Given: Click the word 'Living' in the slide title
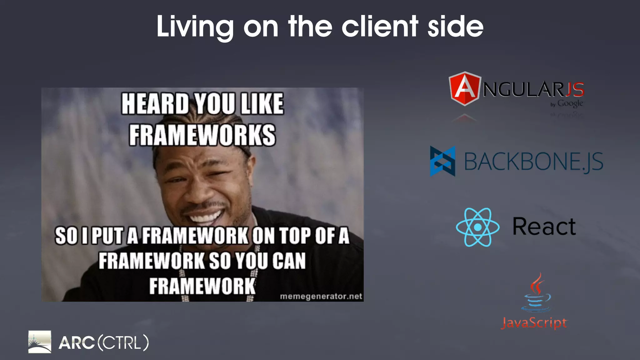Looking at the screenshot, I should (195, 27).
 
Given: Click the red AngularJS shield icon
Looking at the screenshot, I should (464, 88).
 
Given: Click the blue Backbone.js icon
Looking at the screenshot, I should (442, 161).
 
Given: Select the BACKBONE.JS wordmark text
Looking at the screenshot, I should (533, 162).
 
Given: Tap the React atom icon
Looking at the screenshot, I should (477, 227).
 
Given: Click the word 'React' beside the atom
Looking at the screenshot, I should (544, 226).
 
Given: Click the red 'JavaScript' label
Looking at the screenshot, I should (534, 323).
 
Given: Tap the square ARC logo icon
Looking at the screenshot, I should (40, 342).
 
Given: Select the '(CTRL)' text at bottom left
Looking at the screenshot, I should (123, 343).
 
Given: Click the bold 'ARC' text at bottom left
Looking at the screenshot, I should (77, 343).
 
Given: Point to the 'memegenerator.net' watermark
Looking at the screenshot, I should (321, 296).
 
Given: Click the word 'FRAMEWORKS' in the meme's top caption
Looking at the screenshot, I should (202, 135).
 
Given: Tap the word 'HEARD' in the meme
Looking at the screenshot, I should (155, 104).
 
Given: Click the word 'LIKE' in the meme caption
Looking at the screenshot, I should (262, 104).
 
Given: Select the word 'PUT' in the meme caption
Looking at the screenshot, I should (108, 236).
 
